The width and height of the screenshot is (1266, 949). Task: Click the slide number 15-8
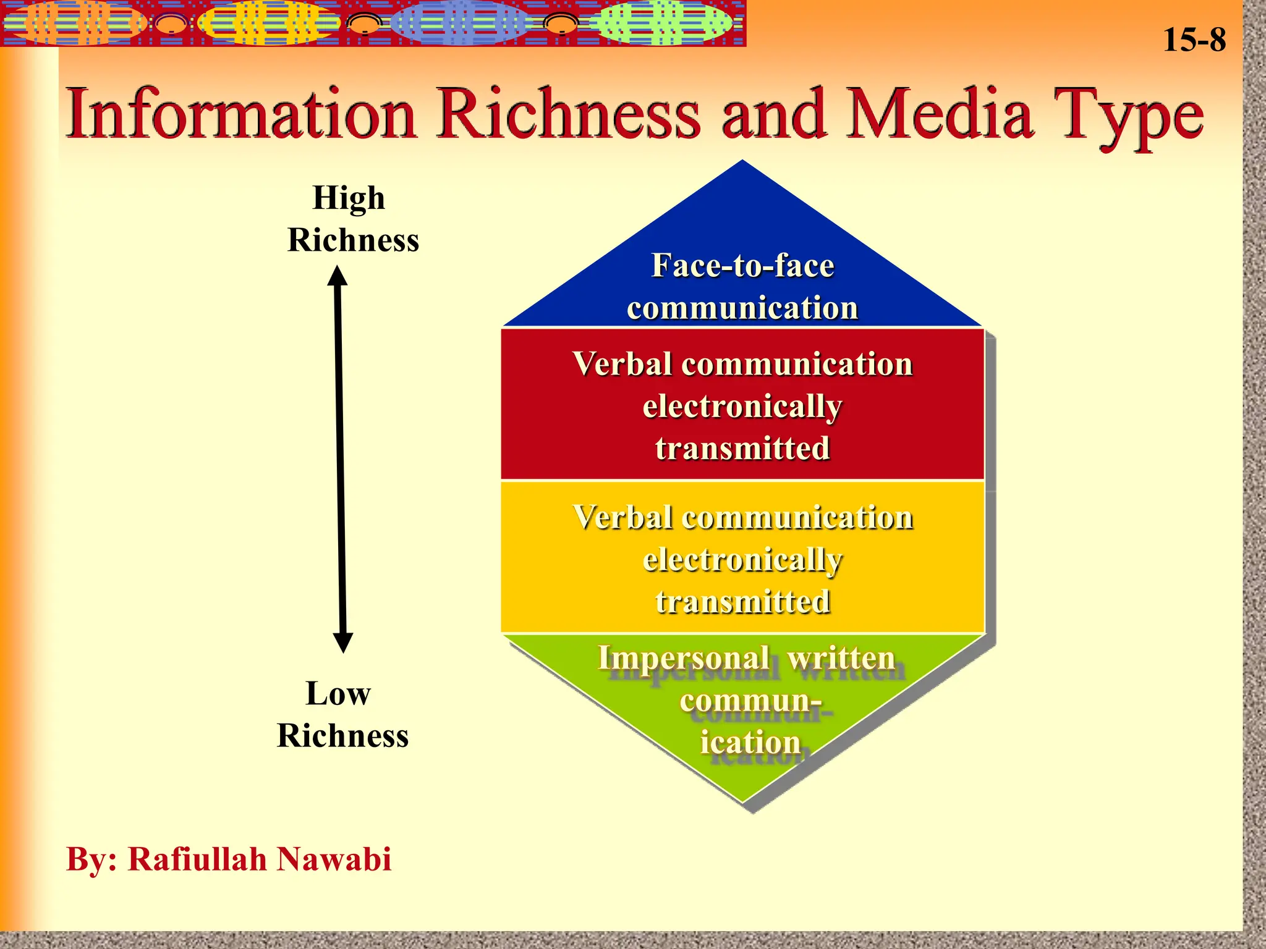[x=1194, y=40]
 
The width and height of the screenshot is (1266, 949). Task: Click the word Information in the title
[x=241, y=114]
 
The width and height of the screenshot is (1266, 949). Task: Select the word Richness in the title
[x=569, y=114]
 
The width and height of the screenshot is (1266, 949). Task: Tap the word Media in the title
[x=940, y=114]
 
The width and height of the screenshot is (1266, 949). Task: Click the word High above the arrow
[x=349, y=198]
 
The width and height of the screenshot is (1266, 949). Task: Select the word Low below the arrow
[x=338, y=693]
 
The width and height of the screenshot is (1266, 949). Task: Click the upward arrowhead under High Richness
[x=338, y=276]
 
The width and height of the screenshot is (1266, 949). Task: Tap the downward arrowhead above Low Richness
[x=343, y=643]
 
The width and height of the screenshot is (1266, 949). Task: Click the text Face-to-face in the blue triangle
[x=742, y=266]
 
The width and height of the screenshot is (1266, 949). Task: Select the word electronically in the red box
[x=742, y=407]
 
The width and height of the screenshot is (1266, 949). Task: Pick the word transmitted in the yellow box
[x=742, y=602]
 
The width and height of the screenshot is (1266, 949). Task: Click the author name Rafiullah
[x=198, y=859]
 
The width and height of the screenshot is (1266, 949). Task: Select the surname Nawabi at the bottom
[x=334, y=859]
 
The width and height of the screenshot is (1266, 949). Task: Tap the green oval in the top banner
[x=660, y=23]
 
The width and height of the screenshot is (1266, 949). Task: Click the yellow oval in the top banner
[x=267, y=23]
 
